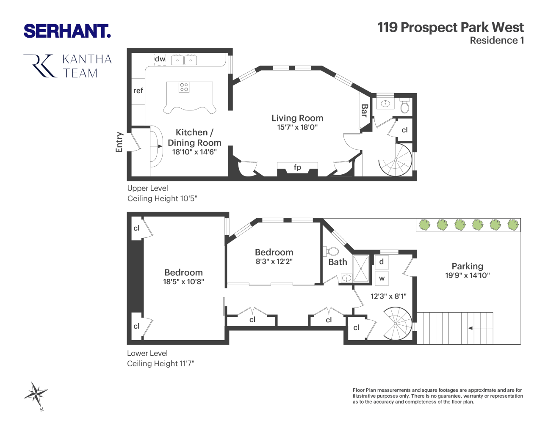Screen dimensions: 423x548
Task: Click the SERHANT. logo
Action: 67,31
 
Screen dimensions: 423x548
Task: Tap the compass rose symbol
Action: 36,395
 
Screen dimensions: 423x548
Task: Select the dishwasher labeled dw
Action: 160,60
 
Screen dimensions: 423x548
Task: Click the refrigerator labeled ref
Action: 138,91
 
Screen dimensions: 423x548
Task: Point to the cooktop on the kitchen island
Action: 184,87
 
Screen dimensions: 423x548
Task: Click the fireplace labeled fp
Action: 297,168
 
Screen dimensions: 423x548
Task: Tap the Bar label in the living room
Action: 364,110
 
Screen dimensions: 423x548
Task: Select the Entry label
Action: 119,142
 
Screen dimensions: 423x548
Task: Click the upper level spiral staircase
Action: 396,160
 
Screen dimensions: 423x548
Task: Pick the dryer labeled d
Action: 382,262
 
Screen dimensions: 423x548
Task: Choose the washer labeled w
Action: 382,278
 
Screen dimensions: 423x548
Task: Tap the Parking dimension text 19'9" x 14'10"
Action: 467,275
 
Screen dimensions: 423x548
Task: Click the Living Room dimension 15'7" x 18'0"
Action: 297,127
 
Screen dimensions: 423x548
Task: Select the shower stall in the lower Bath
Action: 361,268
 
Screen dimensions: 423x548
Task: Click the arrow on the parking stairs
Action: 470,328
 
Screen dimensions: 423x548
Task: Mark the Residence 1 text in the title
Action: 497,41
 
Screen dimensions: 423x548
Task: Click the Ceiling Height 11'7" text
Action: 161,363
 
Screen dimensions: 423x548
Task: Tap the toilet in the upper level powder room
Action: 405,107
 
